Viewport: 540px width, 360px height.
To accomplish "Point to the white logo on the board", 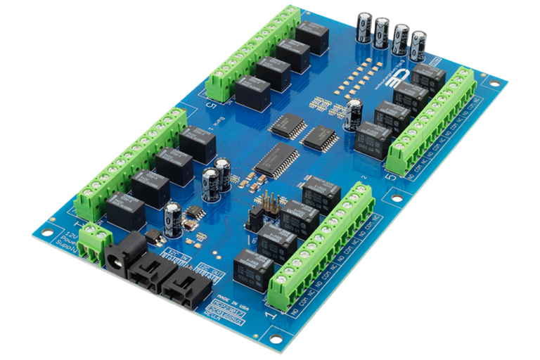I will point(390,77).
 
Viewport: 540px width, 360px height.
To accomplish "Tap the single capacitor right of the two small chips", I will point(354,114).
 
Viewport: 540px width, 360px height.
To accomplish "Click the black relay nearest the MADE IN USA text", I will point(253,269).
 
